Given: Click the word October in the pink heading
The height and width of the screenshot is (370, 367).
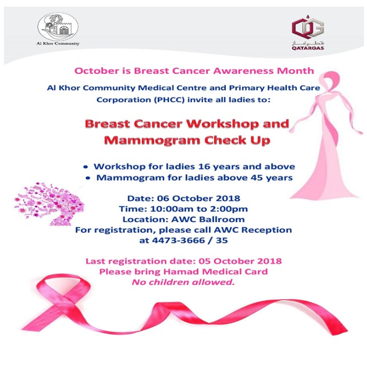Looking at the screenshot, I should pos(92,71).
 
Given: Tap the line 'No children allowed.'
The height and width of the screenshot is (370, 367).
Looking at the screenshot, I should pos(183,283).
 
